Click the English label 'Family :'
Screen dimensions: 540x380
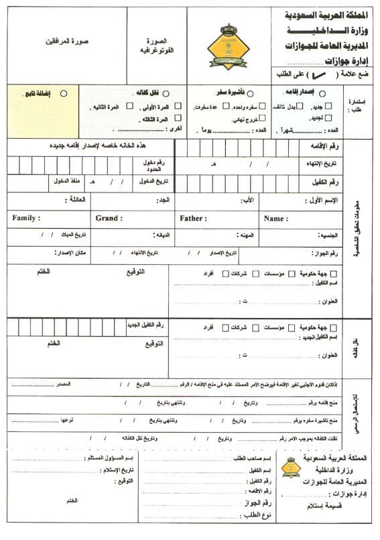(26, 218)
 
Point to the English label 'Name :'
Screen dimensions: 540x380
(275, 218)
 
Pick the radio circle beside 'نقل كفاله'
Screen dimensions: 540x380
(165, 94)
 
